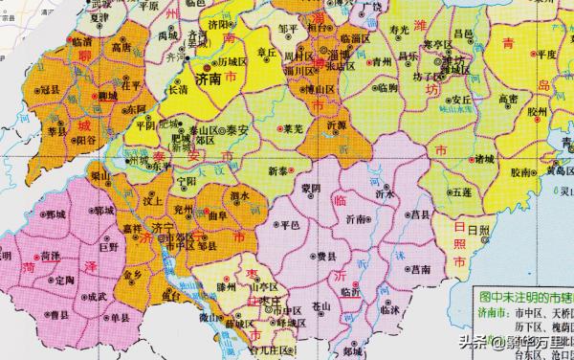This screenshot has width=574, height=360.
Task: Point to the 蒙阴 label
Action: click(x=310, y=187)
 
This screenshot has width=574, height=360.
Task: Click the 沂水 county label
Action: click(x=386, y=192)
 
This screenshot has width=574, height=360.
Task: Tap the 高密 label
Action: click(x=479, y=99)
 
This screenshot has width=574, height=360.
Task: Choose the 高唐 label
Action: click(x=121, y=45)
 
